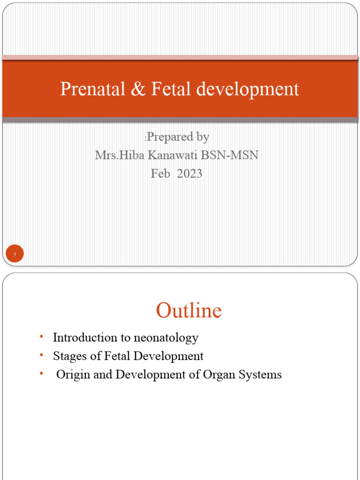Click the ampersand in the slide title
point(138,89)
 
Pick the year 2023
point(190,173)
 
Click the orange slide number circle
point(15,255)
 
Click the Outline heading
point(188,311)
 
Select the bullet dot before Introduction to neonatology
point(41,337)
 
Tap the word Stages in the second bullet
point(67,356)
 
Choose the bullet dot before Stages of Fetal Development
point(41,355)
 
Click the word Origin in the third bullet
point(70,375)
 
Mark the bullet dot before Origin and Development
point(41,374)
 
